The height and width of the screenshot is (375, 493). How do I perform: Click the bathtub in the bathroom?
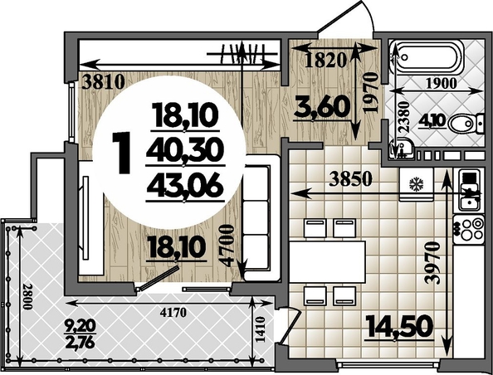pos(427,57)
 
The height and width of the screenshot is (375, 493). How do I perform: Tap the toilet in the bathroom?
pos(466,124)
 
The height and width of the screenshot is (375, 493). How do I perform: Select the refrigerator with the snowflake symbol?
pos(417,184)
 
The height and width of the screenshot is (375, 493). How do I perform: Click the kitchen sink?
pos(469,191)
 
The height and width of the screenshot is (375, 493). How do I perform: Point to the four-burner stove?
pos(468,230)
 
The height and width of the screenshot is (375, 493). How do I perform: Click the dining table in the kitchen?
pos(327,262)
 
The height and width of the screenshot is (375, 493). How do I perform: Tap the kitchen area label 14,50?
pos(399,327)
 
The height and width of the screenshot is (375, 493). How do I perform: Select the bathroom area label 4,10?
pos(432,121)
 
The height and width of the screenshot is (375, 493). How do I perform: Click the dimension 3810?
pos(103,83)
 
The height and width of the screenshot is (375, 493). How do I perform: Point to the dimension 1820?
pos(325,61)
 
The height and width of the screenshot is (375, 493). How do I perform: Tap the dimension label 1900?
pos(441,83)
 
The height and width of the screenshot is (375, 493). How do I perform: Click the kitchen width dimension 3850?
pos(350,179)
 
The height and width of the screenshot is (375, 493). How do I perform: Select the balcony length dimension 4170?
pos(173,313)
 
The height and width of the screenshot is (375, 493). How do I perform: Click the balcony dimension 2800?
pos(28,297)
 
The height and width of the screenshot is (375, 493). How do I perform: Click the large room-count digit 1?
pos(122,153)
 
